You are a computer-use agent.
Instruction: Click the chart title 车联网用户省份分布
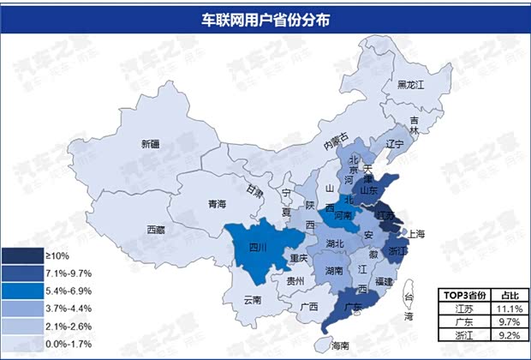(x=265, y=17)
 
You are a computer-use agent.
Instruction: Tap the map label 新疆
(x=151, y=144)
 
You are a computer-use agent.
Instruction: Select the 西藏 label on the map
(x=156, y=230)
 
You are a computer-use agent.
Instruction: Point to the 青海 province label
(x=217, y=204)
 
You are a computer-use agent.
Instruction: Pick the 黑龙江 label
(x=411, y=84)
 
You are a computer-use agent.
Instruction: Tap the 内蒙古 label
(x=335, y=141)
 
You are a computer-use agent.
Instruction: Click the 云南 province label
(x=253, y=300)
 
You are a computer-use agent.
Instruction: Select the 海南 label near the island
(x=339, y=345)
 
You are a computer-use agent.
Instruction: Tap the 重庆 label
(x=298, y=258)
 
